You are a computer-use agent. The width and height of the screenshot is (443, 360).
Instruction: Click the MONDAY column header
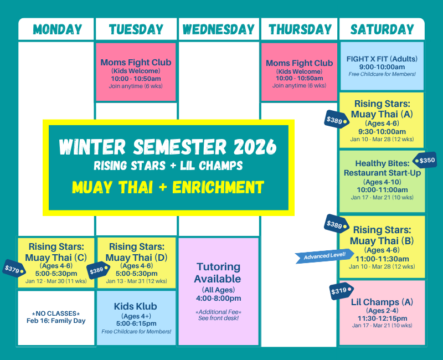[x=57, y=30]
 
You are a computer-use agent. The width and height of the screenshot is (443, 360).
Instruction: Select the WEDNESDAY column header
[x=219, y=30]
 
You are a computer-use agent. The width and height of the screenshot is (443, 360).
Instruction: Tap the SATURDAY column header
[x=382, y=30]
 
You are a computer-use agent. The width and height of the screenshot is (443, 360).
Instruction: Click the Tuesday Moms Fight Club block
[x=136, y=72]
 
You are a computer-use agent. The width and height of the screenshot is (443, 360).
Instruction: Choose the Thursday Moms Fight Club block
[x=299, y=72]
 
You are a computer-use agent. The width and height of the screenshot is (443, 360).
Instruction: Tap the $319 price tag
[x=340, y=291]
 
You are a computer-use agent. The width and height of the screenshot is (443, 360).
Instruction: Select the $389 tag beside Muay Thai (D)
[x=97, y=270]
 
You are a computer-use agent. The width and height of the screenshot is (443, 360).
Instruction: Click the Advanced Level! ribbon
[x=324, y=255]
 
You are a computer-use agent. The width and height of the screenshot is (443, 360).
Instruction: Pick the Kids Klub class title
[x=136, y=306]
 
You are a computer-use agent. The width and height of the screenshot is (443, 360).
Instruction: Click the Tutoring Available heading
[x=218, y=273]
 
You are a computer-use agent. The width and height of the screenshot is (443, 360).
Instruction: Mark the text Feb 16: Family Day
[x=56, y=321]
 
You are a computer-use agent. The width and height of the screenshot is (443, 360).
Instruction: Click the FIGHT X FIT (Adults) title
[x=382, y=59]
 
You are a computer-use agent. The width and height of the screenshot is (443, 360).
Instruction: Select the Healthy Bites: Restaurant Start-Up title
[x=382, y=168]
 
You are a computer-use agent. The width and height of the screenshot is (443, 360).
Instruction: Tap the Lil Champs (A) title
[x=382, y=302]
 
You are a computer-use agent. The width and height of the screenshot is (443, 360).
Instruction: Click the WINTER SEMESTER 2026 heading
[x=168, y=147]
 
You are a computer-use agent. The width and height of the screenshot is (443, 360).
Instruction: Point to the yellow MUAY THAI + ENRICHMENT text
[x=168, y=187]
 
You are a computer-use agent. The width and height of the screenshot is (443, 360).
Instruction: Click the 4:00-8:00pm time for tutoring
[x=218, y=299]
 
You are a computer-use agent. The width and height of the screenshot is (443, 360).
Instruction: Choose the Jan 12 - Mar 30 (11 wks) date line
[x=56, y=281]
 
